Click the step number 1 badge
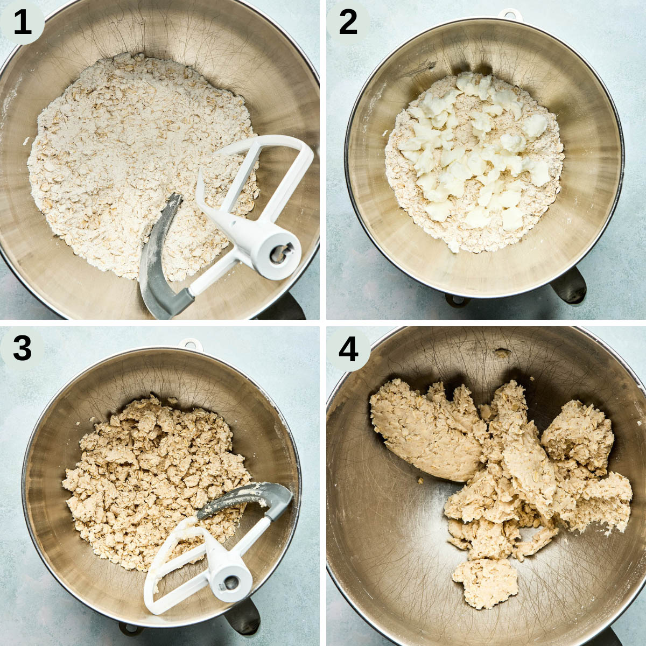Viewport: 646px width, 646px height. click(22, 23)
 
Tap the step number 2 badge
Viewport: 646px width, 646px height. click(348, 23)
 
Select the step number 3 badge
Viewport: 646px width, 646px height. click(22, 349)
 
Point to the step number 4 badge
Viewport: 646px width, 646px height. click(348, 349)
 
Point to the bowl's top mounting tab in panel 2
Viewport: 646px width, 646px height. click(510, 14)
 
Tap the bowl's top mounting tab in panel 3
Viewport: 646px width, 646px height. click(191, 344)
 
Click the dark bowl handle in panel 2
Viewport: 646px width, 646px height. click(568, 285)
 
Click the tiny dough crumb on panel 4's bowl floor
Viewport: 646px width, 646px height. click(420, 482)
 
